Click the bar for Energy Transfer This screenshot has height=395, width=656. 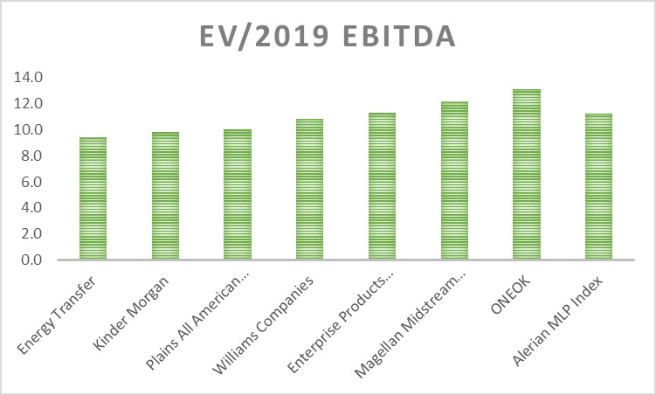click(x=93, y=199)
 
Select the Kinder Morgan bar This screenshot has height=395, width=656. click(x=165, y=197)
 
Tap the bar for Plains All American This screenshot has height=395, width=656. click(x=238, y=195)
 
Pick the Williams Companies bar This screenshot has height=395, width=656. click(x=309, y=190)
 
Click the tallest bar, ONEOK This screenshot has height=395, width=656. click(x=526, y=175)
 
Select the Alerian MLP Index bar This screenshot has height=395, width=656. click(x=598, y=187)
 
